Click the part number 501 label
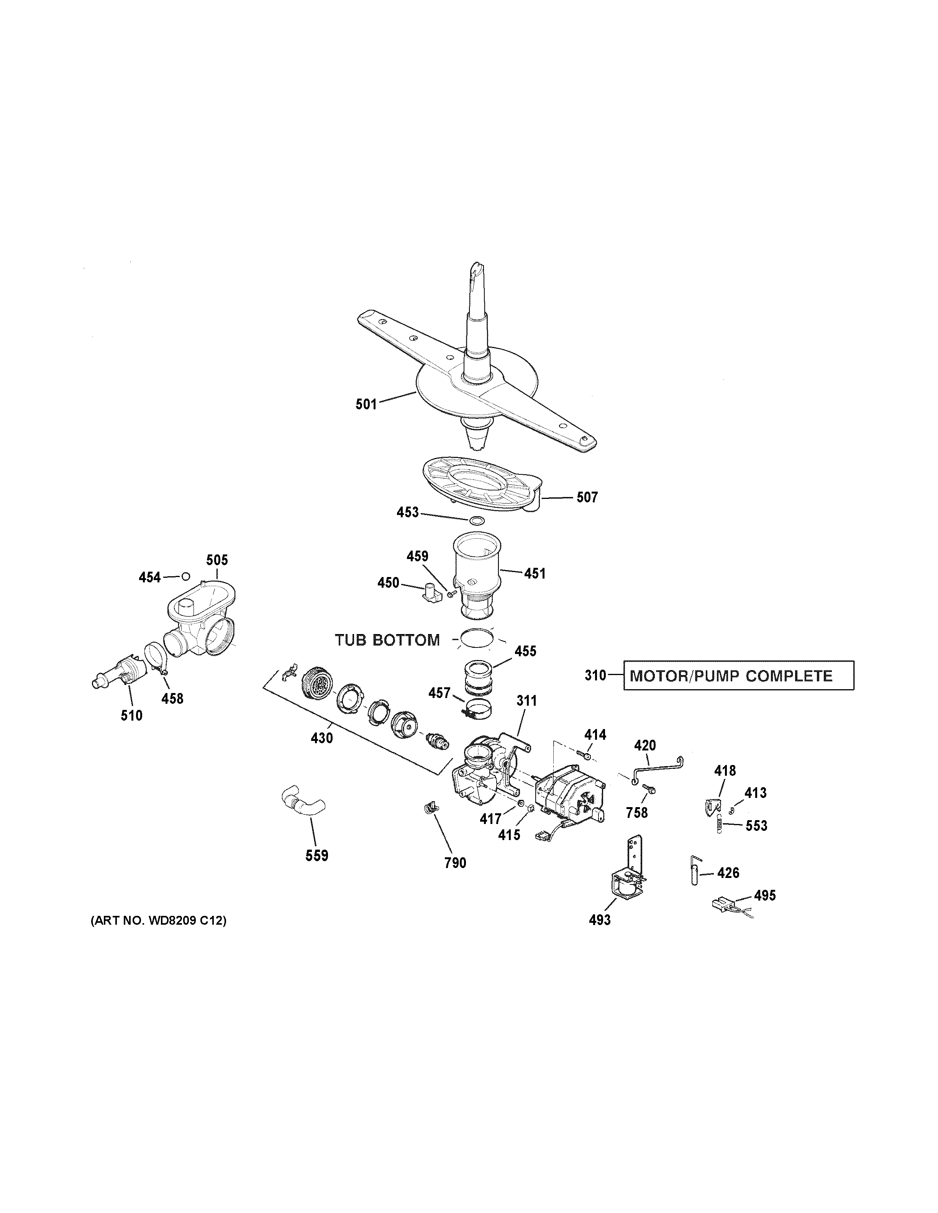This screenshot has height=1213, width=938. click(x=366, y=404)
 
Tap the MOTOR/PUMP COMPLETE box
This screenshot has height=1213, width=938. click(x=738, y=675)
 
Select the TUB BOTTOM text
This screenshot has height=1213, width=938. click(x=387, y=640)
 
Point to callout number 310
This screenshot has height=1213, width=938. click(x=595, y=675)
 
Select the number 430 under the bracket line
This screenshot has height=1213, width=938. click(x=322, y=738)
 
